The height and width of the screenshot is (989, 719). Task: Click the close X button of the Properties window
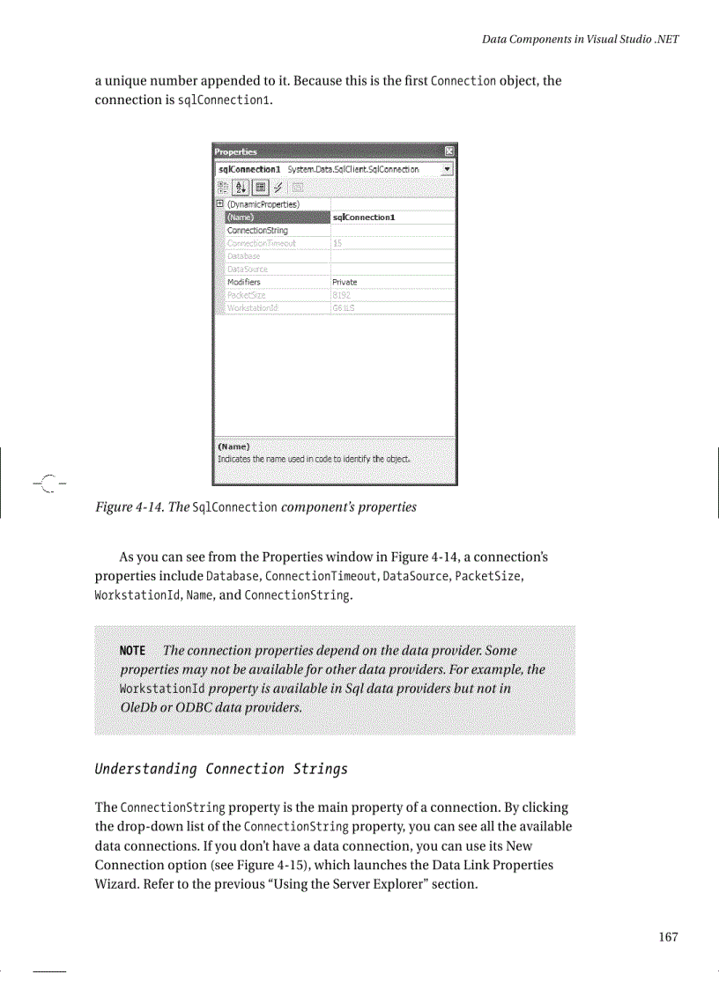pos(449,151)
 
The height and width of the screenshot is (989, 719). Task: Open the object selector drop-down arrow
pos(448,168)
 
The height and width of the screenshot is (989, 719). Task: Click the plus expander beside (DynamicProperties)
pos(219,204)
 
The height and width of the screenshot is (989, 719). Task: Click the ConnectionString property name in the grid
pos(257,230)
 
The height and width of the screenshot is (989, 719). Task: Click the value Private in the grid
pos(345,282)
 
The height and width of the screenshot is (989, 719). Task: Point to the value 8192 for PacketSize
pos(342,295)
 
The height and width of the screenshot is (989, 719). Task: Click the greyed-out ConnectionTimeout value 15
pos(337,243)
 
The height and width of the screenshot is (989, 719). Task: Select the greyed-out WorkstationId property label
pos(253,308)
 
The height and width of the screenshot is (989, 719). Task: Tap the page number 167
pos(668,937)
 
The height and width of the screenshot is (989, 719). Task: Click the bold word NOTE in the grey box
pos(132,651)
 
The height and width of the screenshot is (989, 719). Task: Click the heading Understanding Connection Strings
pos(221,769)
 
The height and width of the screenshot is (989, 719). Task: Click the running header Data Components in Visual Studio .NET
pos(581,40)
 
